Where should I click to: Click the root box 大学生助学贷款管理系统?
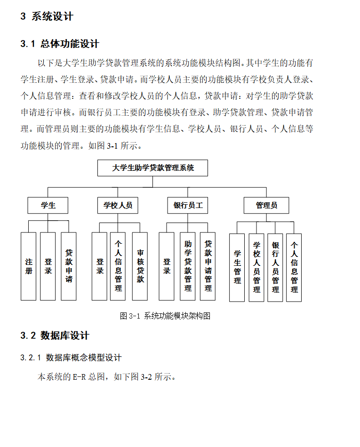pyautogui.click(x=152, y=168)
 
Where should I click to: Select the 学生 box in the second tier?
pyautogui.click(x=48, y=205)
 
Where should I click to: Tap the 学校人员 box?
pyautogui.click(x=118, y=205)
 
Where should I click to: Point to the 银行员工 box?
pyautogui.click(x=188, y=205)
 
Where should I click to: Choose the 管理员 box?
pyautogui.click(x=266, y=205)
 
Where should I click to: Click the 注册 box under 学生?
pyautogui.click(x=29, y=266)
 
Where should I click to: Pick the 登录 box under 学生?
pyautogui.click(x=48, y=266)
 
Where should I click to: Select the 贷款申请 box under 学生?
pyautogui.click(x=69, y=266)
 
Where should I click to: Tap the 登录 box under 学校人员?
pyautogui.click(x=100, y=266)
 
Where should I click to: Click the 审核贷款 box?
pyautogui.click(x=140, y=266)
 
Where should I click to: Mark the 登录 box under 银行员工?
pyautogui.click(x=167, y=266)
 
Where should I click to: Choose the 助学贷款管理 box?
pyautogui.click(x=188, y=266)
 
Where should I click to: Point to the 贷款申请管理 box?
pyautogui.click(x=208, y=266)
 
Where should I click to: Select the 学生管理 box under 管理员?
pyautogui.click(x=237, y=267)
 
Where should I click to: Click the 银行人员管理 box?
pyautogui.click(x=275, y=267)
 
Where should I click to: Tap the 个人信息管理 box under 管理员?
pyautogui.click(x=294, y=267)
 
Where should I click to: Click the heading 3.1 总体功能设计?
pyautogui.click(x=60, y=44)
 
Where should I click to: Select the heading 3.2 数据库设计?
pyautogui.click(x=55, y=335)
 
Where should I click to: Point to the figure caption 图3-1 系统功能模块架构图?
pyautogui.click(x=165, y=316)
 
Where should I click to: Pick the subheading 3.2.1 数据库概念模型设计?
pyautogui.click(x=71, y=358)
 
